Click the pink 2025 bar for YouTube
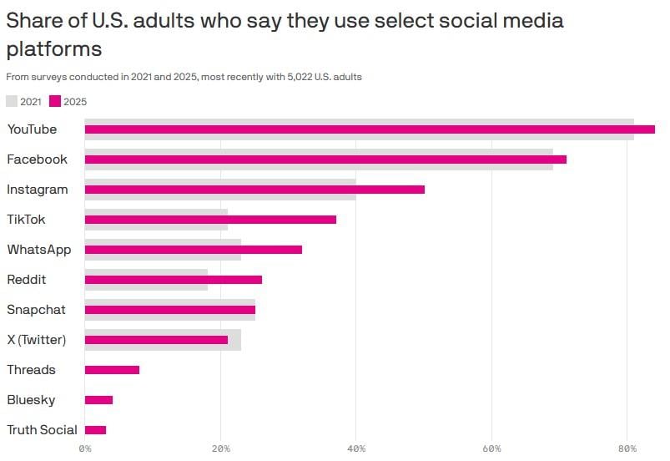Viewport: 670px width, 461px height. click(x=370, y=129)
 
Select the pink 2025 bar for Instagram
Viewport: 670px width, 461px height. click(x=254, y=190)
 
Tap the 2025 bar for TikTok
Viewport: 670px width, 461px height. click(x=210, y=220)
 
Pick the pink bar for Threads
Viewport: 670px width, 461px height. click(x=112, y=370)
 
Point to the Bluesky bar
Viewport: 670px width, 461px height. click(x=98, y=400)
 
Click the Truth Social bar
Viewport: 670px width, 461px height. click(x=95, y=430)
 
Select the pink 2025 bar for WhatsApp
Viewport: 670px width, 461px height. click(x=194, y=250)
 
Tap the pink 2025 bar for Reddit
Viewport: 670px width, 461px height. click(x=174, y=280)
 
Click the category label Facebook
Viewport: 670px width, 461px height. click(x=37, y=160)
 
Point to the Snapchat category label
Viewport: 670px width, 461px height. click(x=36, y=310)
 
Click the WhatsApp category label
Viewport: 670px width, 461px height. click(x=39, y=250)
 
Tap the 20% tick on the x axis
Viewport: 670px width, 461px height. click(x=220, y=449)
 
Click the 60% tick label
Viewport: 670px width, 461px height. click(x=491, y=449)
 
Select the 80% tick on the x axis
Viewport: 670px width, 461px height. click(x=627, y=449)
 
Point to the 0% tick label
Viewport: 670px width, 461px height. click(x=85, y=449)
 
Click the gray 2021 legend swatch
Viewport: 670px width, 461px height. click(x=12, y=101)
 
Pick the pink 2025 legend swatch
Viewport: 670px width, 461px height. click(x=56, y=101)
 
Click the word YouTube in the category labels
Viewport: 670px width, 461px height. click(x=32, y=129)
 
